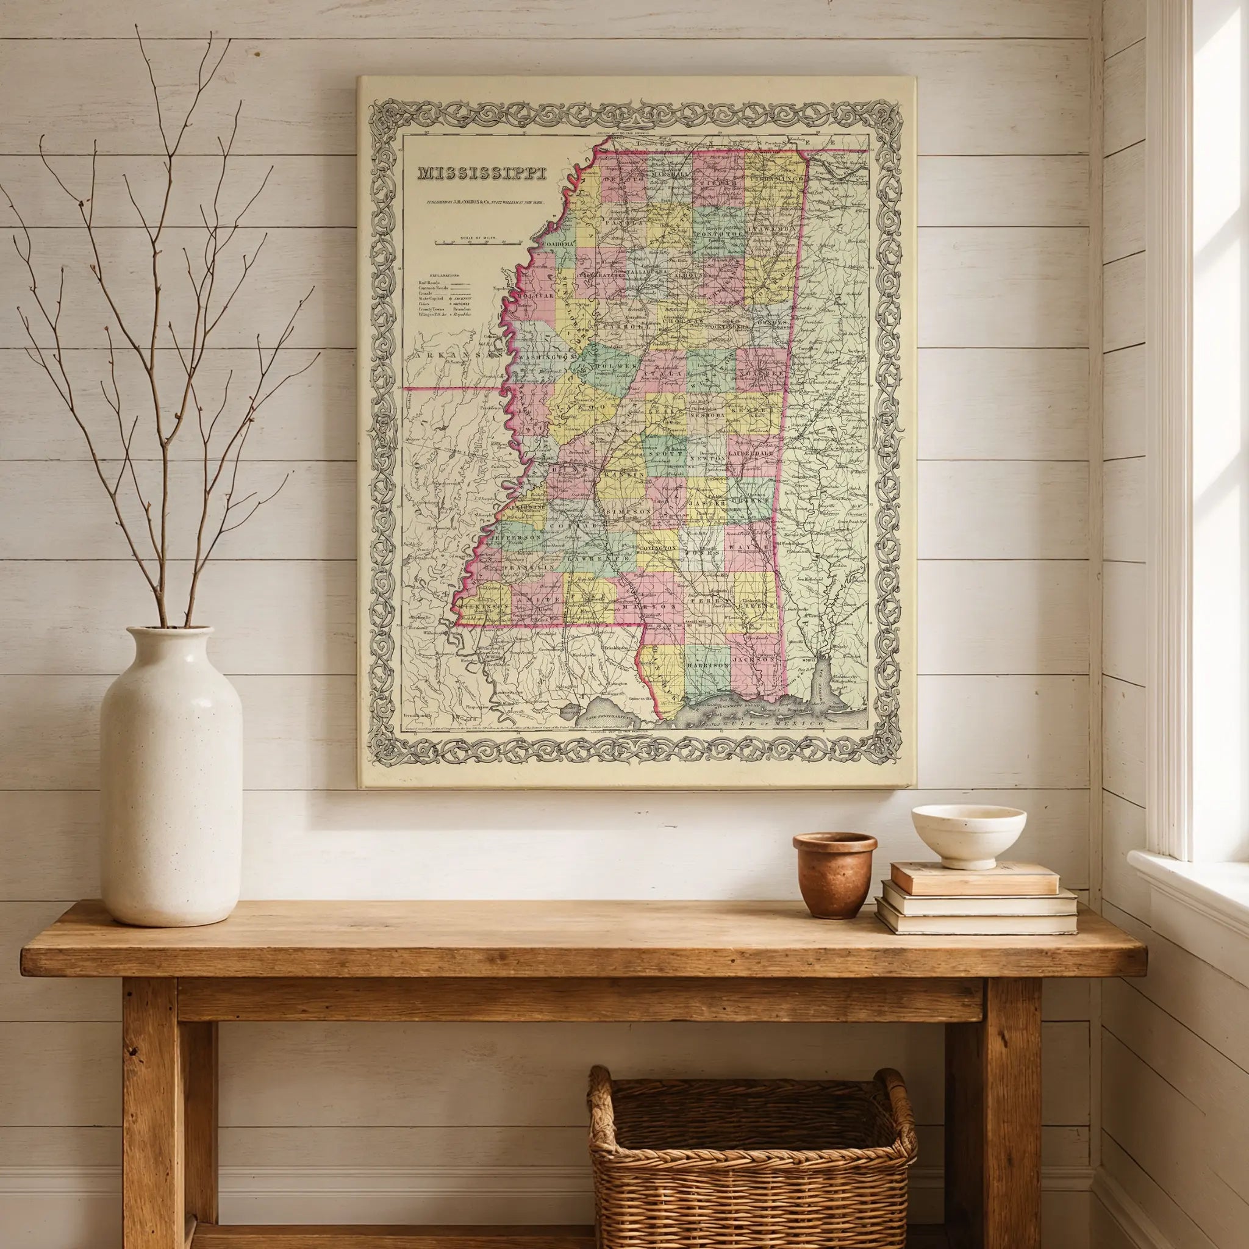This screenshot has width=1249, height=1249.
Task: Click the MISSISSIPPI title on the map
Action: tap(482, 173)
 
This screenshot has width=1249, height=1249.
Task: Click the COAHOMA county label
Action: tap(560, 244)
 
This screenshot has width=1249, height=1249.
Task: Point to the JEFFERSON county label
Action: tap(515, 537)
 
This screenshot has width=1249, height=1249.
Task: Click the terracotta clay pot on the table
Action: tap(834, 875)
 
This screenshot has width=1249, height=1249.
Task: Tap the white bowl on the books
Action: tap(968, 836)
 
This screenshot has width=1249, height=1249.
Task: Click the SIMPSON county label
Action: tap(628, 510)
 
